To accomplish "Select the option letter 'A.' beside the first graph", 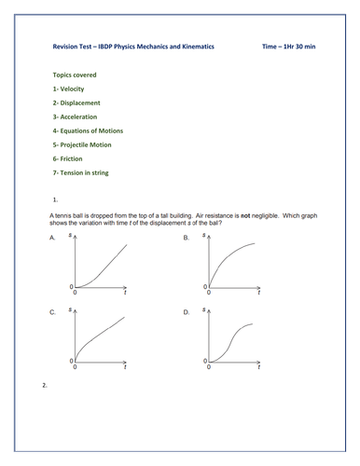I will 52,239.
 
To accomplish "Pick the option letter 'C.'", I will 52,313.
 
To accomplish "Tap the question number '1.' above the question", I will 57,199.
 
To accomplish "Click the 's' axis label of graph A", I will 73,236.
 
